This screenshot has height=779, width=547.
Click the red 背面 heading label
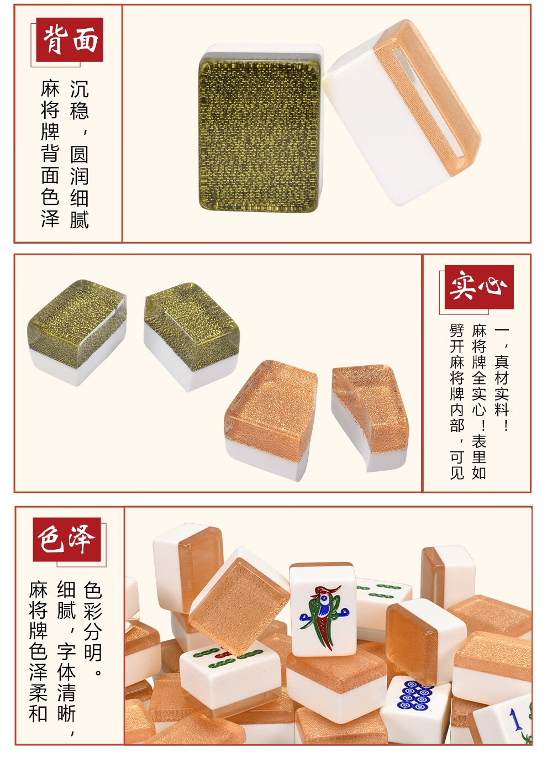click(x=70, y=40)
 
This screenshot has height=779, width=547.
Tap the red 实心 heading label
click(x=479, y=287)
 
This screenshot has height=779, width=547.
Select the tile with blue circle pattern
click(x=415, y=703)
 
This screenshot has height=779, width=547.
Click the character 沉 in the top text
click(x=79, y=89)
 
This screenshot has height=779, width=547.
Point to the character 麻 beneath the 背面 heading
click(x=50, y=89)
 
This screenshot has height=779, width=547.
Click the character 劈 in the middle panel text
click(x=457, y=331)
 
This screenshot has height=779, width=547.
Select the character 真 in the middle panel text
click(x=501, y=362)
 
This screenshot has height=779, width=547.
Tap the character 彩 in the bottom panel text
click(x=92, y=611)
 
